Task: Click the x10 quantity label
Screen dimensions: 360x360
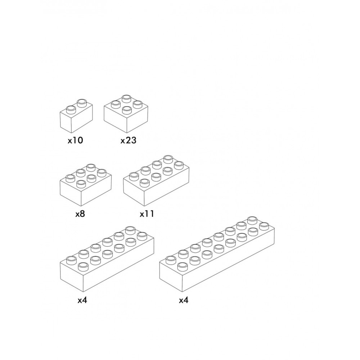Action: point(75,140)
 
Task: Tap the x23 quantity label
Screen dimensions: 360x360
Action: point(129,140)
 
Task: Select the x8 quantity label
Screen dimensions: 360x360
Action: point(80,214)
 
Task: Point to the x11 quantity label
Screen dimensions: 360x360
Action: point(147,214)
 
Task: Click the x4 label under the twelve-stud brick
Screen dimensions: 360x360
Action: point(82,300)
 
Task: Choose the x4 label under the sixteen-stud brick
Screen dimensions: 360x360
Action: point(184,300)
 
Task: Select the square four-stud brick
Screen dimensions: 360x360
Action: point(126,114)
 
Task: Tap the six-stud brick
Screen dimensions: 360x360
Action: point(86,185)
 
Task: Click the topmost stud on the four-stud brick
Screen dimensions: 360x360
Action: point(126,99)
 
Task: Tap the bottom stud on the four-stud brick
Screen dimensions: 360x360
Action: point(126,110)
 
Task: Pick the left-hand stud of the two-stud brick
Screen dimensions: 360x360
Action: point(71,109)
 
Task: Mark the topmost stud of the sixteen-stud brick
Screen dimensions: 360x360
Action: point(253,220)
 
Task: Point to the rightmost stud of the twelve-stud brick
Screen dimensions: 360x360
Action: point(142,236)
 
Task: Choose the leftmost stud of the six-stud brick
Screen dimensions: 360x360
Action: point(71,179)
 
